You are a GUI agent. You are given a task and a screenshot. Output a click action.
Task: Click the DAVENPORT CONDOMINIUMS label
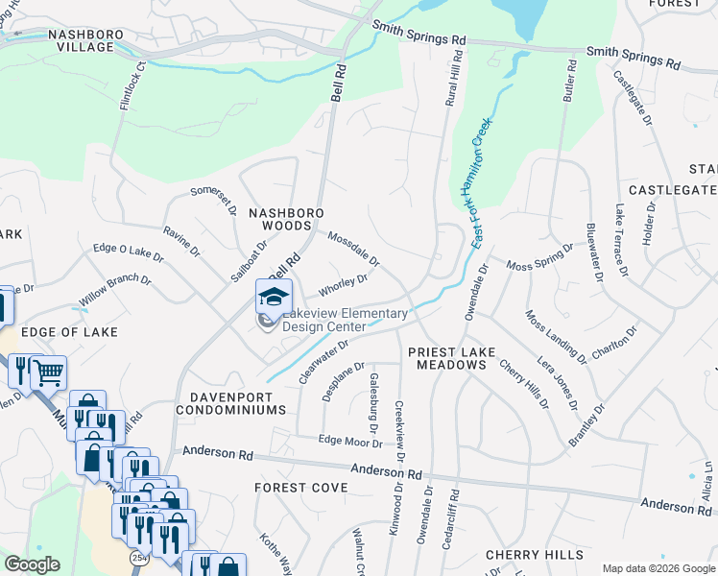click(x=231, y=402)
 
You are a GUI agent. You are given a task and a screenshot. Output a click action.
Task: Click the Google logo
click(x=32, y=564)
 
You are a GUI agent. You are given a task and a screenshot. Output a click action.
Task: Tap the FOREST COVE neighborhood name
click(x=300, y=488)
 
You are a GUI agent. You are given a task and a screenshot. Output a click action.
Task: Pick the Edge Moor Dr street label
click(x=350, y=442)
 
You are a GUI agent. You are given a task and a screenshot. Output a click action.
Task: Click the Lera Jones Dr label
click(x=558, y=385)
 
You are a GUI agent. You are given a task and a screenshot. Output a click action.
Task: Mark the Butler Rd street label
click(x=569, y=82)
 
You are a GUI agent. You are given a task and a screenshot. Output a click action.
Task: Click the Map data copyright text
click(x=658, y=568)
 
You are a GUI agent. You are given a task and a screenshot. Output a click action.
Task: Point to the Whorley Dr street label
click(x=344, y=285)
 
